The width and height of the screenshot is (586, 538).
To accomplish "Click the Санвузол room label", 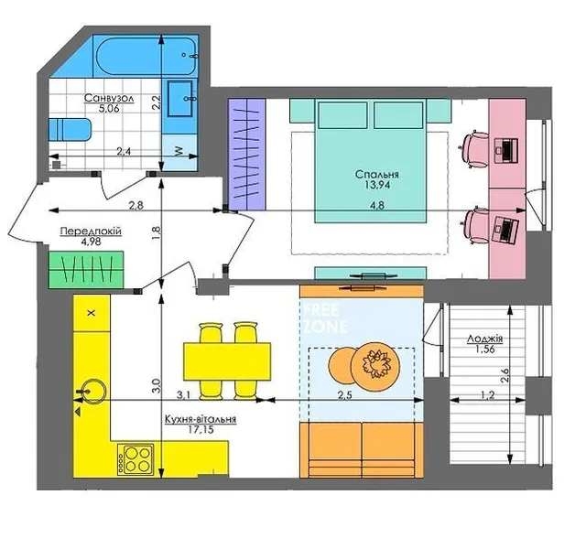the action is [109, 98].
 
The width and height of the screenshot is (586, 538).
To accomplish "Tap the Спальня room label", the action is [376, 175].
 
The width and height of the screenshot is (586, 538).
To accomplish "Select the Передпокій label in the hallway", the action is [91, 231].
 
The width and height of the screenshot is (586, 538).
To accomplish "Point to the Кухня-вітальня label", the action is [201, 419].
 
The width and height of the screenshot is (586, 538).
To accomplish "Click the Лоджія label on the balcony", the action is [484, 339].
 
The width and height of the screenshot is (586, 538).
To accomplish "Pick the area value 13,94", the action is [376, 185].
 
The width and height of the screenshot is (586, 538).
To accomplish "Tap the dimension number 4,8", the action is [376, 205].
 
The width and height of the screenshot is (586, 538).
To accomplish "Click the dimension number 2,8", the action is [136, 205].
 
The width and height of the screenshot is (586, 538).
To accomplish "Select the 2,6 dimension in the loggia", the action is [505, 375].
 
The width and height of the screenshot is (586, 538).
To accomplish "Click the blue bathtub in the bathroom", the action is [146, 57].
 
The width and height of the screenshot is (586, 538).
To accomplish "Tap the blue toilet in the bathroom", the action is [70, 130].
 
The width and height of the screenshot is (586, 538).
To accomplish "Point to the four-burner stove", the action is [136, 458].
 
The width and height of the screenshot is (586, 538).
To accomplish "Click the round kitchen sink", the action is [92, 391].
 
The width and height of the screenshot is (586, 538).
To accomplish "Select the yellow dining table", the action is [227, 361].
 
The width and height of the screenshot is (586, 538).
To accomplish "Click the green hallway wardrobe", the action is [86, 269].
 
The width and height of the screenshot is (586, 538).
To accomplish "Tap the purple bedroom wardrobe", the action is [246, 154].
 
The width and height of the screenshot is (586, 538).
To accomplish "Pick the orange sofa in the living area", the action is [362, 450].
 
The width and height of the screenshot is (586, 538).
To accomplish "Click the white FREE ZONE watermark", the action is [325, 318].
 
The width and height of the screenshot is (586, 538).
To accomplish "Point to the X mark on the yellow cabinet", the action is [92, 313].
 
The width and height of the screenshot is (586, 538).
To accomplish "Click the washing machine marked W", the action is [179, 152].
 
